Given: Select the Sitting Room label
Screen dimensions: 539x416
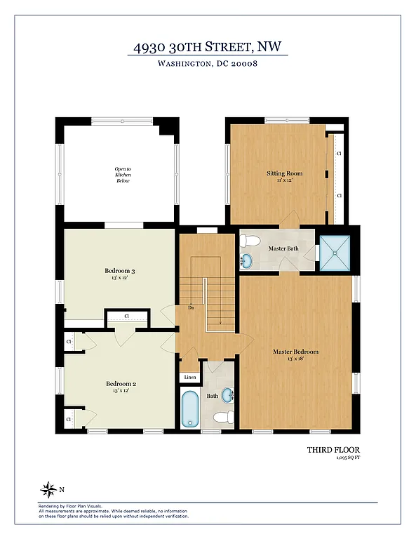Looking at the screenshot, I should [284, 173].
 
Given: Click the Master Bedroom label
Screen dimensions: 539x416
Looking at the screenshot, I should [295, 352].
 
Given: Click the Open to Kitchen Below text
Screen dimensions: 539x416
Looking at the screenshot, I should [123, 175].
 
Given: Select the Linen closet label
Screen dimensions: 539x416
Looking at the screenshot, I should [190, 378].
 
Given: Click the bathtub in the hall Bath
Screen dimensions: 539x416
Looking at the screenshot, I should [191, 409].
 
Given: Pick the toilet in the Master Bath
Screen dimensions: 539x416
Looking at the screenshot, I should [247, 241].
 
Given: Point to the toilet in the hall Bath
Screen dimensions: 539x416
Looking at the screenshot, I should [224, 418].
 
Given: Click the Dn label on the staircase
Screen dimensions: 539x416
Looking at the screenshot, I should [190, 307].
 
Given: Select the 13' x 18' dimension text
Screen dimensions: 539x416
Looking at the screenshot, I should [295, 359].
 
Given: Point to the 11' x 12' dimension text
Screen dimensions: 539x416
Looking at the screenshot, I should [284, 180].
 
